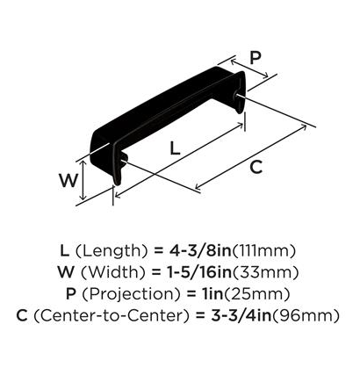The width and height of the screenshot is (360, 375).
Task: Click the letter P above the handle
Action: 256,58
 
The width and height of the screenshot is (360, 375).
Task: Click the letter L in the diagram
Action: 175,148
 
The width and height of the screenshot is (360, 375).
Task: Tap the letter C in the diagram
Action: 256,167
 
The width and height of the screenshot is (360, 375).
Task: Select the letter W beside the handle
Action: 68,181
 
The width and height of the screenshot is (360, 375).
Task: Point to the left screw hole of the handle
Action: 124,159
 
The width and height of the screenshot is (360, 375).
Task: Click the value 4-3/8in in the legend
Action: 200,251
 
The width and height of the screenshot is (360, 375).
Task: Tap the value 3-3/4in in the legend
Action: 241,315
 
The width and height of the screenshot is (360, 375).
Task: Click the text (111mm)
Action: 263,251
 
